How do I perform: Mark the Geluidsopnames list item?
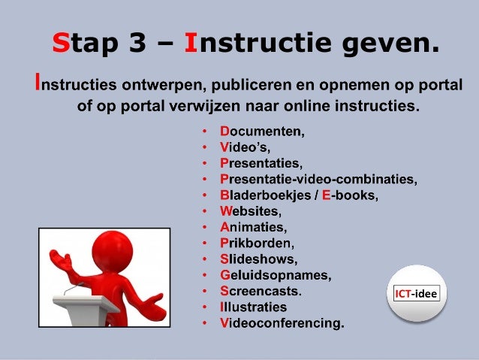275,274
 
